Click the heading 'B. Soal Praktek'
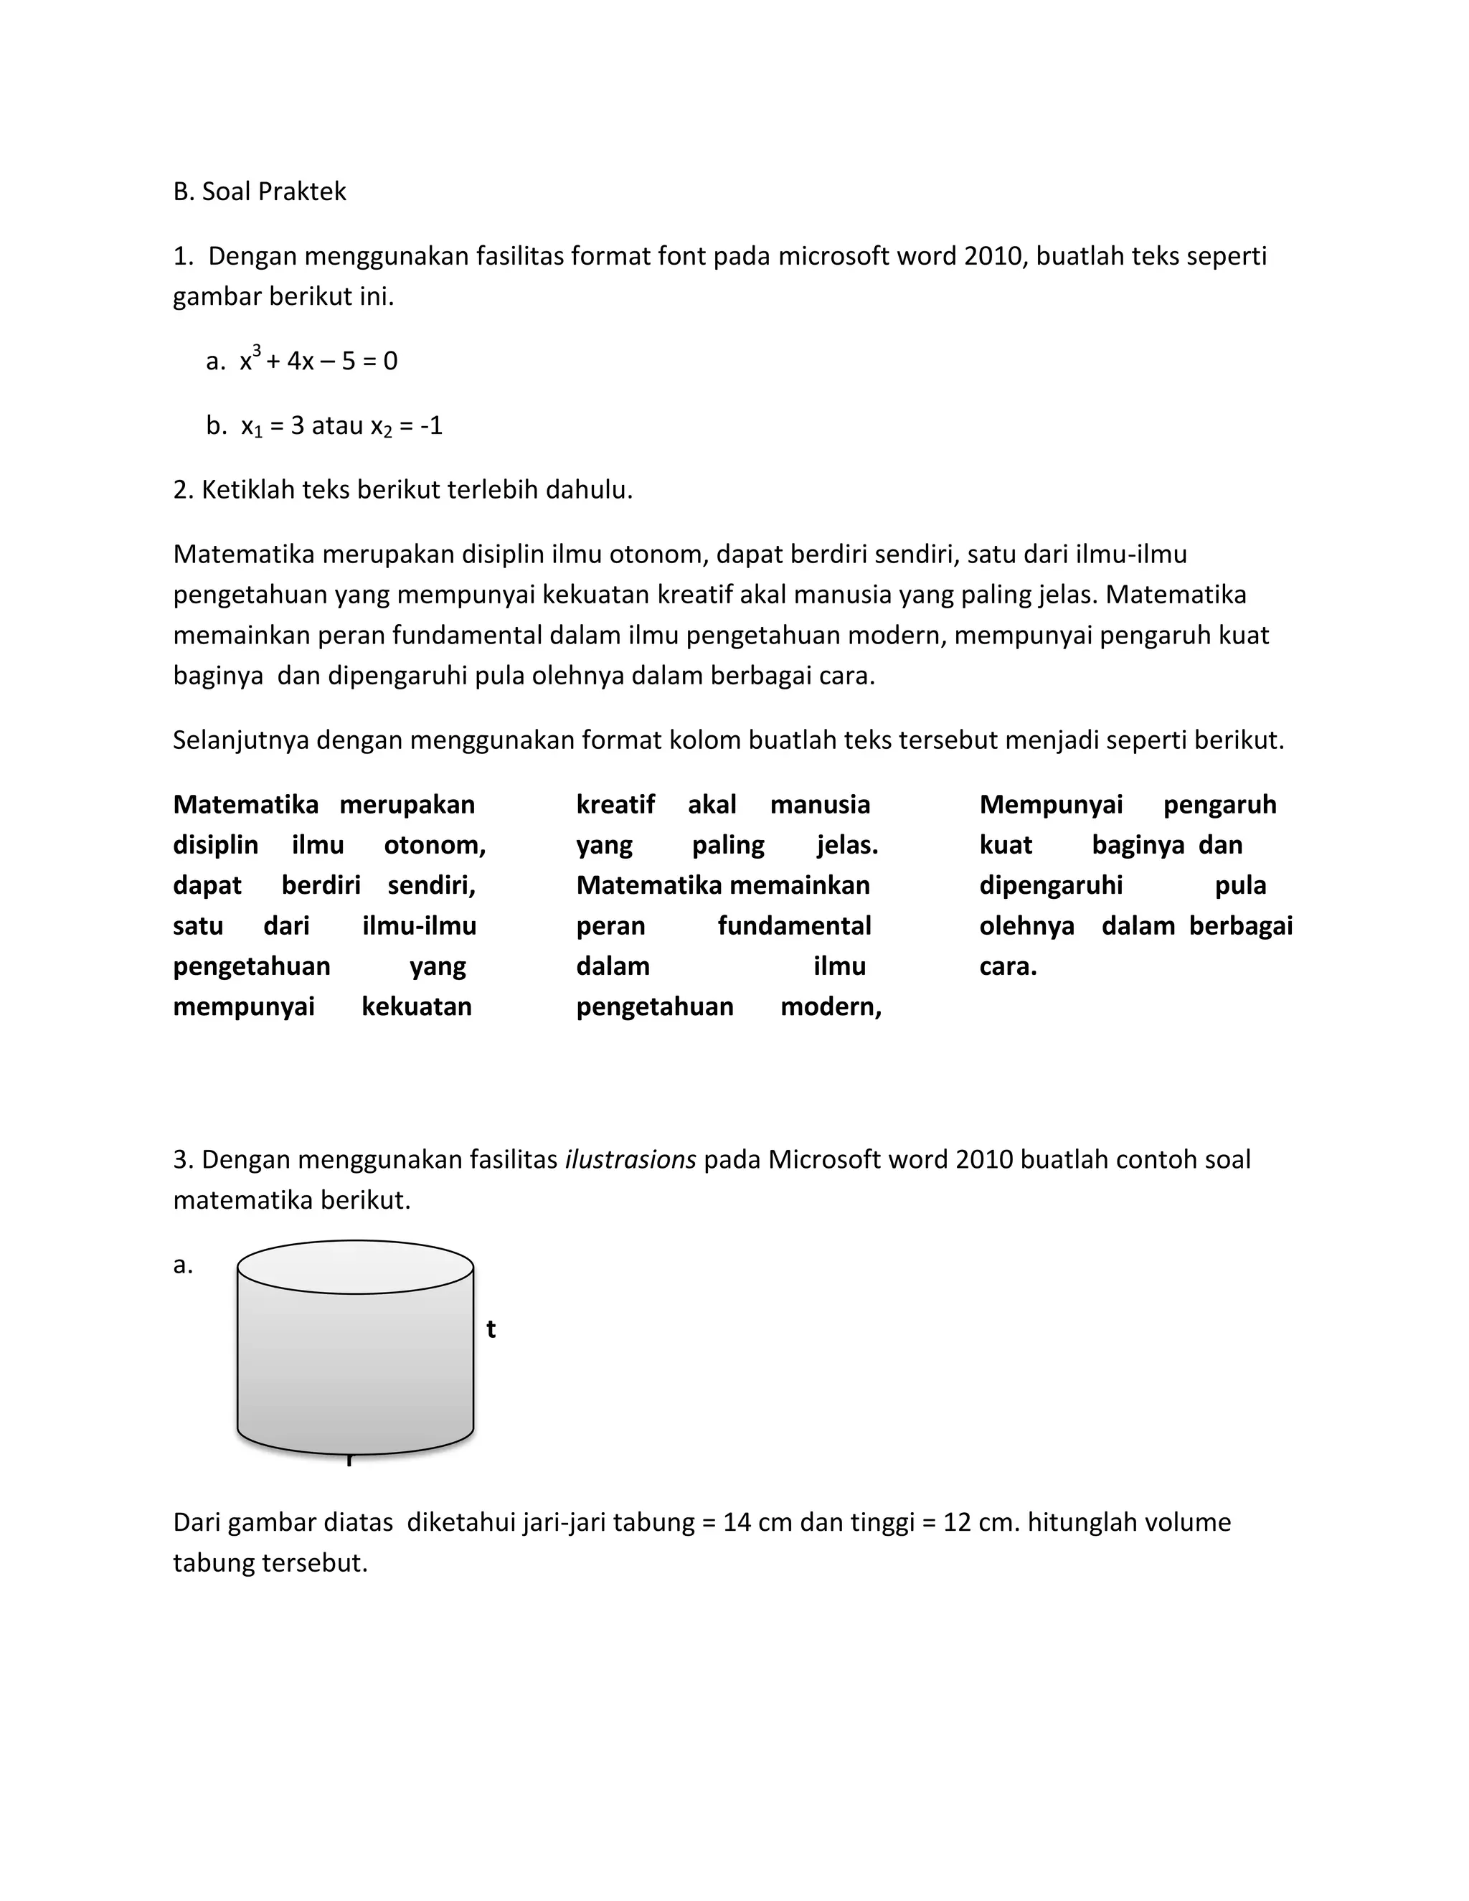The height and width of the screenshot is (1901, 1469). [260, 192]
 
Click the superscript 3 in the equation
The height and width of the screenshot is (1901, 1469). [257, 350]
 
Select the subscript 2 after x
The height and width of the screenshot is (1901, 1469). [388, 432]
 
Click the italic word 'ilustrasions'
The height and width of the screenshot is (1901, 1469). [630, 1159]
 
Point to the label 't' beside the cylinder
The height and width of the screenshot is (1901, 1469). [491, 1329]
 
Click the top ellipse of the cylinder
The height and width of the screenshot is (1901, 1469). [355, 1266]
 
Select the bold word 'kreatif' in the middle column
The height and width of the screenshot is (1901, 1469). [615, 804]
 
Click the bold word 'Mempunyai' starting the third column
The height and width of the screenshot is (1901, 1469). [1050, 804]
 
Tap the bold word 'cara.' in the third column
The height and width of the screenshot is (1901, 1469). [1008, 966]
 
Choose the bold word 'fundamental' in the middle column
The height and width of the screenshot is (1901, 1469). [794, 925]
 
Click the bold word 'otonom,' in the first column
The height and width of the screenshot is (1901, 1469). [434, 844]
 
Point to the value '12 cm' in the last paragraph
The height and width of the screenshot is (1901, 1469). [981, 1522]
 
